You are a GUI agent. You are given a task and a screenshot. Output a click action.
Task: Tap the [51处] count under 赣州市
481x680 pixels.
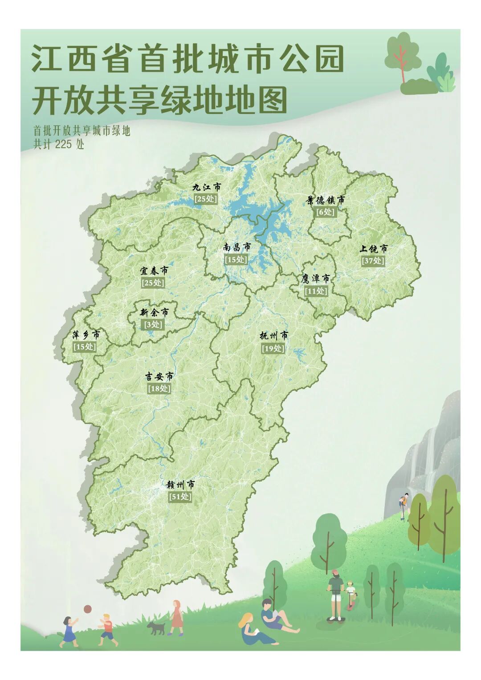(x=180, y=497)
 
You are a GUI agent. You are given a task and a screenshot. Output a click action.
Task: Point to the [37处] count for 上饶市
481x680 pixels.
(x=373, y=261)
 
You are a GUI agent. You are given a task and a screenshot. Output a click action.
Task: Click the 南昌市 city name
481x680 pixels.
(x=236, y=247)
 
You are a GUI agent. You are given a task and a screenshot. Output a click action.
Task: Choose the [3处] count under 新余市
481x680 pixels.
(x=154, y=324)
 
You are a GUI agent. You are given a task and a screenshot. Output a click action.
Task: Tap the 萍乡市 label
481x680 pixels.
(x=86, y=335)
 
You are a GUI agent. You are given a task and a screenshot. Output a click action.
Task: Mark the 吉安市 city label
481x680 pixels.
(x=159, y=376)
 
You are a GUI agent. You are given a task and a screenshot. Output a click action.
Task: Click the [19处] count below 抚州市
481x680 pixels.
(x=273, y=348)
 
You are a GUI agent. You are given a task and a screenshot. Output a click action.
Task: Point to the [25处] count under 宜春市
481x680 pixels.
(x=153, y=283)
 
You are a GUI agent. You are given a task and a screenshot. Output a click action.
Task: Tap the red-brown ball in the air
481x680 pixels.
(x=88, y=609)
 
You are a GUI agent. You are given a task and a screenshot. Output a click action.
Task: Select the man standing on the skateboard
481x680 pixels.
(x=335, y=594)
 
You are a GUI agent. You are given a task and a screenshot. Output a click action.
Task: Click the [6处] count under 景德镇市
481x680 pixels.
(x=325, y=212)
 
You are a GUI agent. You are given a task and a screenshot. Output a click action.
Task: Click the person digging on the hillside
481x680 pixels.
(x=404, y=506)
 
